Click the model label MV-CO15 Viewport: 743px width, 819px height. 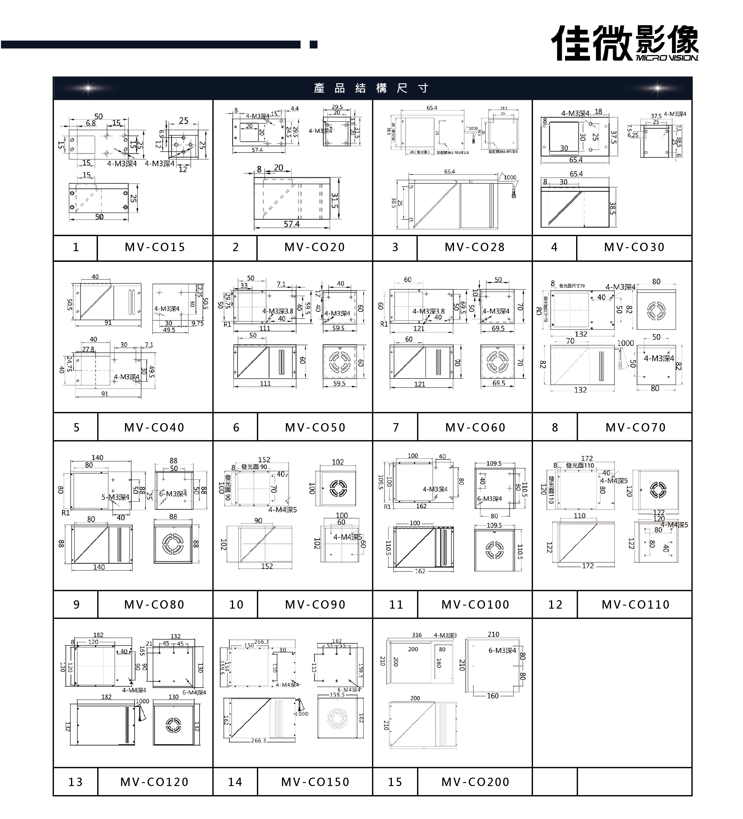tap(155, 247)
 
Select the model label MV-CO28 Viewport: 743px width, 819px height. tap(475, 247)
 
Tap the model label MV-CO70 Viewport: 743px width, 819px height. tap(635, 427)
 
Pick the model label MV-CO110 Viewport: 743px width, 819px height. tap(635, 604)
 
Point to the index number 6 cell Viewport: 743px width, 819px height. tap(236, 427)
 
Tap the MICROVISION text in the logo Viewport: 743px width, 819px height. tap(666, 58)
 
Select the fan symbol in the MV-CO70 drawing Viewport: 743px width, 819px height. tap(656, 311)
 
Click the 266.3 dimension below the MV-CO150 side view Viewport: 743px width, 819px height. tap(258, 740)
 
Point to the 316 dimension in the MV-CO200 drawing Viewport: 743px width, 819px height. tap(417, 635)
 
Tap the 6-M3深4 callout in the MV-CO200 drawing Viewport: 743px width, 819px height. tap(502, 650)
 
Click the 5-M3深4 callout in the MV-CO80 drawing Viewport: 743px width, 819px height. tap(115, 497)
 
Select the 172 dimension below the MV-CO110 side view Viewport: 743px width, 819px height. tap(588, 566)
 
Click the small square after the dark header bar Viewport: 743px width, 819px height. tap(313, 44)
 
